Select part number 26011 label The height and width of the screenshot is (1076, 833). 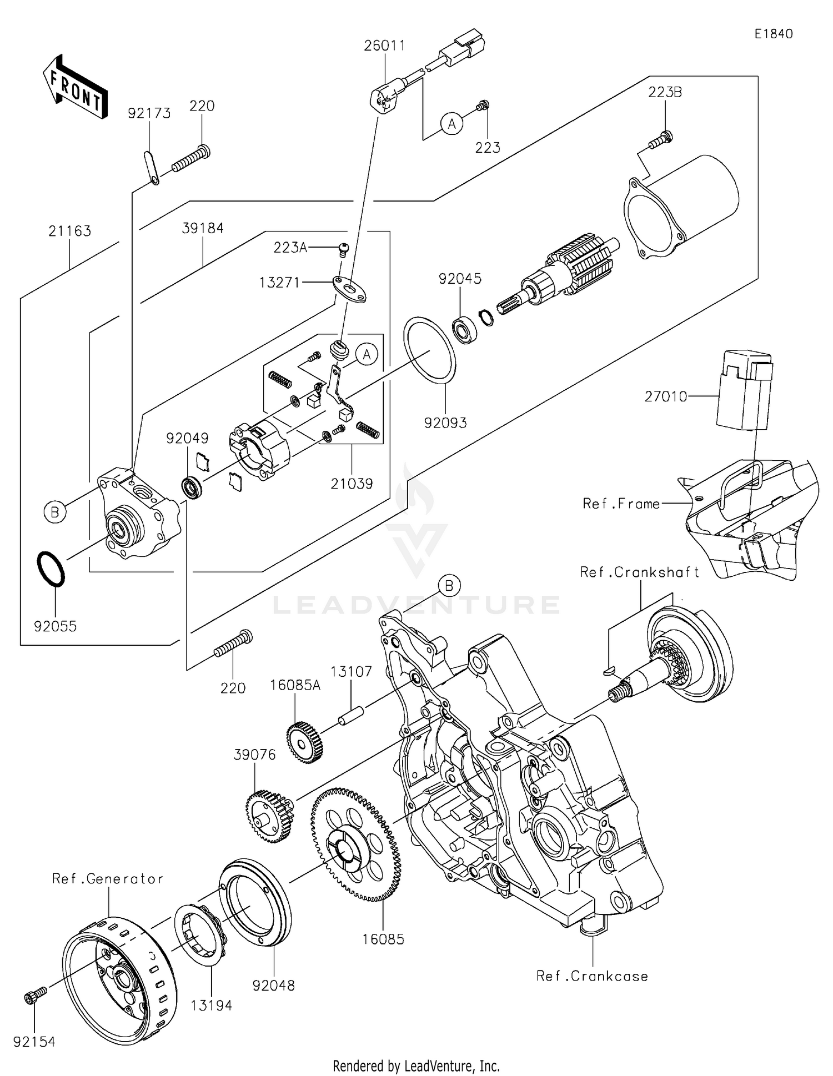tap(384, 46)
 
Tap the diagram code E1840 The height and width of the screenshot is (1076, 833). tap(773, 34)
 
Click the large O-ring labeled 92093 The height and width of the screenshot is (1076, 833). tap(429, 350)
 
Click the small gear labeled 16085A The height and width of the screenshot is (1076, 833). tap(305, 741)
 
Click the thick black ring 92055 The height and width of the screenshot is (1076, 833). tap(51, 569)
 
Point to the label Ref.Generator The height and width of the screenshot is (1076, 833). tap(108, 879)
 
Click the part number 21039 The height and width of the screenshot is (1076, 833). tap(352, 483)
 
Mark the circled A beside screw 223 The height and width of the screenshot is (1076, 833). tap(451, 123)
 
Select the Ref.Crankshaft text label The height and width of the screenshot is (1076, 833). tap(639, 572)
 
